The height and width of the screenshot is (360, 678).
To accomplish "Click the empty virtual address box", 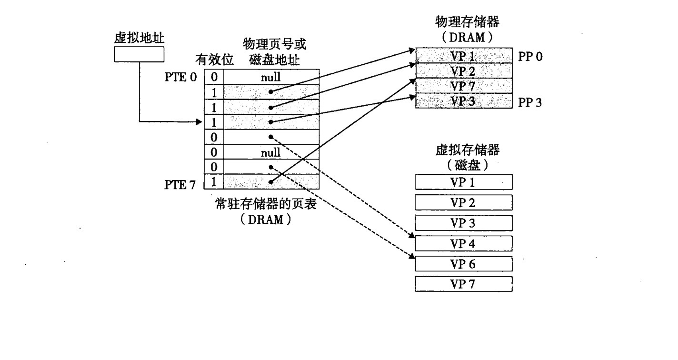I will click(139, 55).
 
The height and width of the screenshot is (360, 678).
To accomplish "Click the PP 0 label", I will click(530, 57).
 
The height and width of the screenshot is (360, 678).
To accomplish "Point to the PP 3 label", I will click(530, 102).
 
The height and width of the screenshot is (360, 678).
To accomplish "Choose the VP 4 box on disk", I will click(463, 243).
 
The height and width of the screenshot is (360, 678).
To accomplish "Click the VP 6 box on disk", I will click(463, 264).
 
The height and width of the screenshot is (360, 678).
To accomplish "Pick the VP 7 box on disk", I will click(463, 284).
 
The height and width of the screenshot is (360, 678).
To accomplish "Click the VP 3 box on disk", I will click(463, 223).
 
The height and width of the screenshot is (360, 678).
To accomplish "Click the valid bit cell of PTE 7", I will click(214, 182).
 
